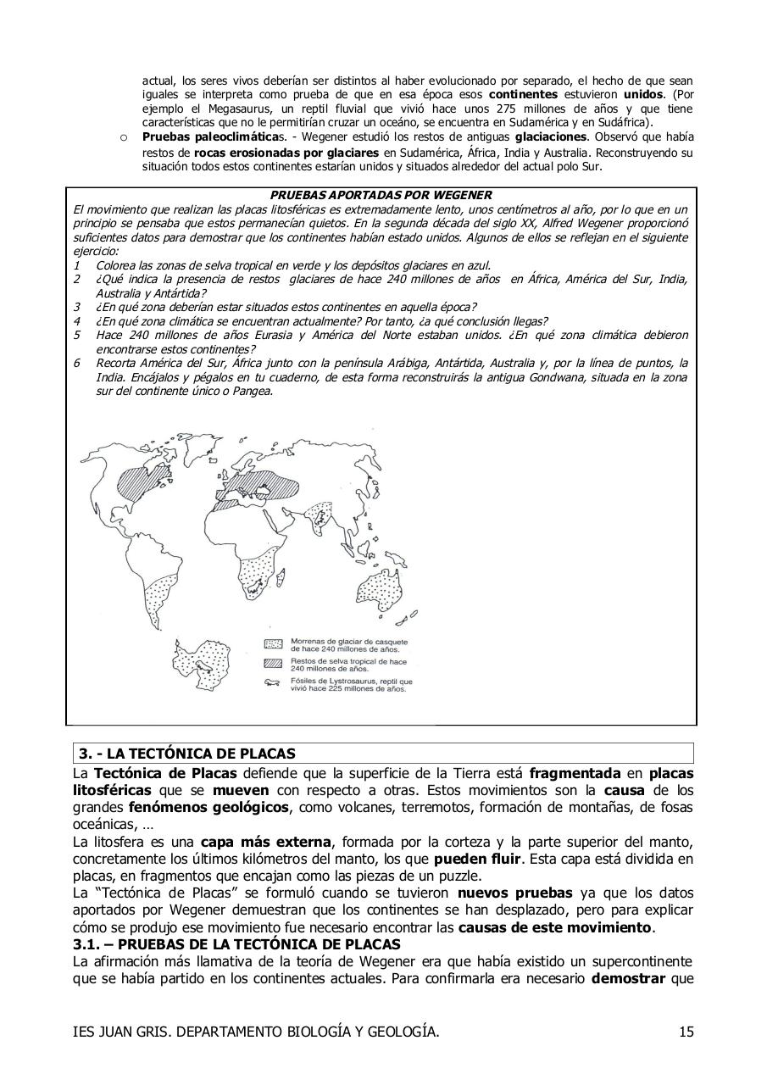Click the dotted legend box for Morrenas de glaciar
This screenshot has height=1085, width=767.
pyautogui.click(x=273, y=643)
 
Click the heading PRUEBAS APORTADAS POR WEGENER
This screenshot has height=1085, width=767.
pyautogui.click(x=381, y=195)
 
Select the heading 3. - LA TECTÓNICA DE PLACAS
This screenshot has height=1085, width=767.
pyautogui.click(x=186, y=754)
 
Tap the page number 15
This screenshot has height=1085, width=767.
pyautogui.click(x=686, y=1032)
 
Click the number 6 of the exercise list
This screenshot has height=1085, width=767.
pyautogui.click(x=76, y=363)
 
